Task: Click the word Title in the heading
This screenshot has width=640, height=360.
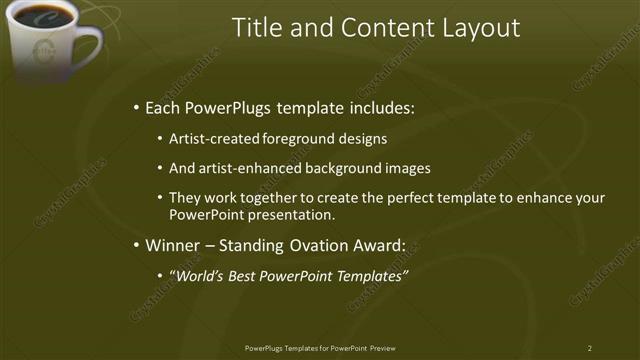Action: point(256,28)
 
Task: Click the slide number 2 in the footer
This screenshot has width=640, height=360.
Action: point(590,348)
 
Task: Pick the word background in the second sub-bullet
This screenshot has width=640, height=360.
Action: point(347,168)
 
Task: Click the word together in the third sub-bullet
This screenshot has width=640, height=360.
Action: point(267,198)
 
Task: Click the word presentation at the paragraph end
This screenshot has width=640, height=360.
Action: point(293,215)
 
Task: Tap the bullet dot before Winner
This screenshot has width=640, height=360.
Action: point(136,245)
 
